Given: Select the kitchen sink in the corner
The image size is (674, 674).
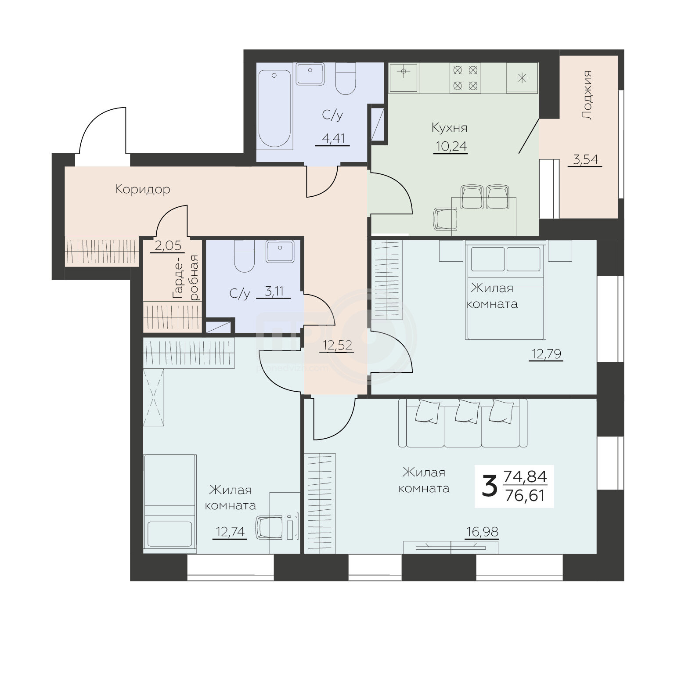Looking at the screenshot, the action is click(x=403, y=77).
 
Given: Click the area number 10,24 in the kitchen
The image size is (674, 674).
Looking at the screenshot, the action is click(x=451, y=146).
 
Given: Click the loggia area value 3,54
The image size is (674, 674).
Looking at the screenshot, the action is click(x=586, y=159).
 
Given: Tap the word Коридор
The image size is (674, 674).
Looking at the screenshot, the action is click(x=143, y=189).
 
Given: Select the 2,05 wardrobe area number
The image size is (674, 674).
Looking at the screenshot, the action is click(x=169, y=245).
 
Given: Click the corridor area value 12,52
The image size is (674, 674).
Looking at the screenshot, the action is click(x=338, y=346).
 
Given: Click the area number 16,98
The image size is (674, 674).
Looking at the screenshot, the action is click(x=482, y=532).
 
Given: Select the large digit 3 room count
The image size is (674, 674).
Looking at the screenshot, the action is click(x=490, y=487).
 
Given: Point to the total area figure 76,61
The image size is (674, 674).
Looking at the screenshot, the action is click(x=525, y=496).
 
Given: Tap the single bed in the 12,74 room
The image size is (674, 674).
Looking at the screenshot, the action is click(x=169, y=503).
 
